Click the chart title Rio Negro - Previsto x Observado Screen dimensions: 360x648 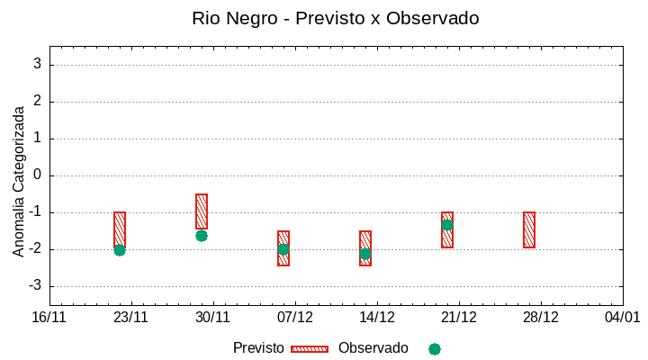click(x=336, y=18)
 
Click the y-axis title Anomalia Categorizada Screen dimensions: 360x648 click(x=19, y=181)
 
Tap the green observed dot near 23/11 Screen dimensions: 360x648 click(x=120, y=250)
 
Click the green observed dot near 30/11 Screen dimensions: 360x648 click(x=202, y=236)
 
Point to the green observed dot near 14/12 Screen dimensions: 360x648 click(x=365, y=254)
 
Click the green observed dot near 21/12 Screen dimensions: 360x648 click(x=447, y=225)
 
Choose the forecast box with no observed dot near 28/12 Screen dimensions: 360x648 click(x=529, y=229)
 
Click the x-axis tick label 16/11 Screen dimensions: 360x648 click(x=49, y=317)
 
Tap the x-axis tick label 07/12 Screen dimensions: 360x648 click(x=295, y=317)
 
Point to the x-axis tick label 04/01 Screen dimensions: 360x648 click(x=622, y=317)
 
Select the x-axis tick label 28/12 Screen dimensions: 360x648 click(x=541, y=317)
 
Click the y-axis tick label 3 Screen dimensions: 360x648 click(x=38, y=64)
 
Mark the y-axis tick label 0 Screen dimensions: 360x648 click(x=38, y=175)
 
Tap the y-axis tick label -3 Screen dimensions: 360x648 click(x=34, y=285)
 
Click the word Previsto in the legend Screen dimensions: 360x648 click(x=258, y=348)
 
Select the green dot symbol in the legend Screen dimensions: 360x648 click(x=435, y=349)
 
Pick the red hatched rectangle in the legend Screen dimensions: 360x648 click(x=310, y=349)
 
